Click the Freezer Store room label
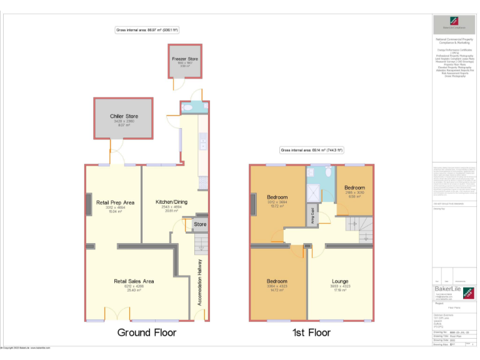click(185, 59)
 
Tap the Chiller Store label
click(124, 116)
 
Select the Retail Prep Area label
click(115, 202)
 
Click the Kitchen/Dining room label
click(171, 202)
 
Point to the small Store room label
click(200, 224)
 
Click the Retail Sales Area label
click(134, 281)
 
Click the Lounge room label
click(340, 281)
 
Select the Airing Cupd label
click(311, 215)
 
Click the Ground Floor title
click(147, 332)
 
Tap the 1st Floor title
click(311, 332)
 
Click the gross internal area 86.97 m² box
click(147, 30)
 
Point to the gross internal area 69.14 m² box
click(312, 151)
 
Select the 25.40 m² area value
click(134, 290)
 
